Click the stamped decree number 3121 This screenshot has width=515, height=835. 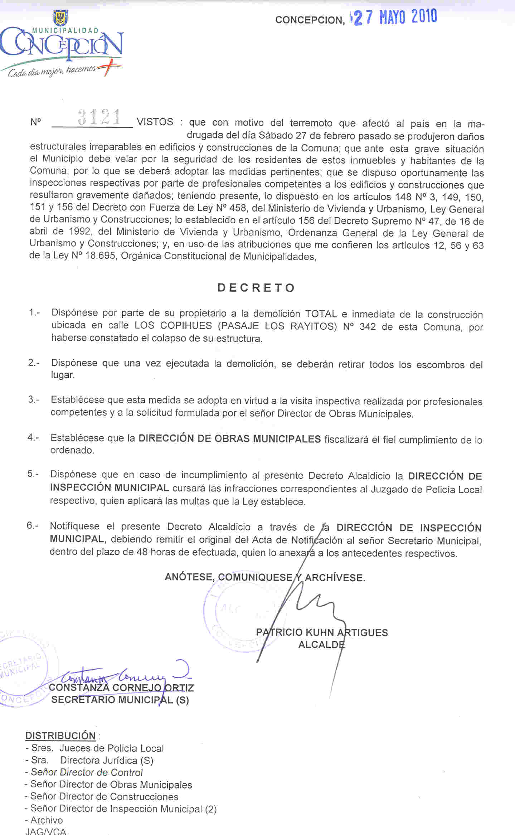click(99, 117)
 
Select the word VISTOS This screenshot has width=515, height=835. click(155, 122)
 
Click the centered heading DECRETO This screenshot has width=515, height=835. click(256, 288)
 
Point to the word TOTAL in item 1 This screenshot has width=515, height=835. click(321, 314)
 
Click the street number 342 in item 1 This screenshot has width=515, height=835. click(368, 327)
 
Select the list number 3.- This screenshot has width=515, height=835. click(34, 399)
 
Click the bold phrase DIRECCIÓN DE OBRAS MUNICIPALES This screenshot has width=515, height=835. click(229, 439)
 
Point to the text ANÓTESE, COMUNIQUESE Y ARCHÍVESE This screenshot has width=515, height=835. click(265, 577)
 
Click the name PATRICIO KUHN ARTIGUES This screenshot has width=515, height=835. click(322, 632)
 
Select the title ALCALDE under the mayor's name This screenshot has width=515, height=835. click(321, 645)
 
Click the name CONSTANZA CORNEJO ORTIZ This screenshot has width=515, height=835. click(121, 688)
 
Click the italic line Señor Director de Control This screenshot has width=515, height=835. click(87, 772)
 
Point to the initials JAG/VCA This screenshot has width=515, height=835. click(46, 831)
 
